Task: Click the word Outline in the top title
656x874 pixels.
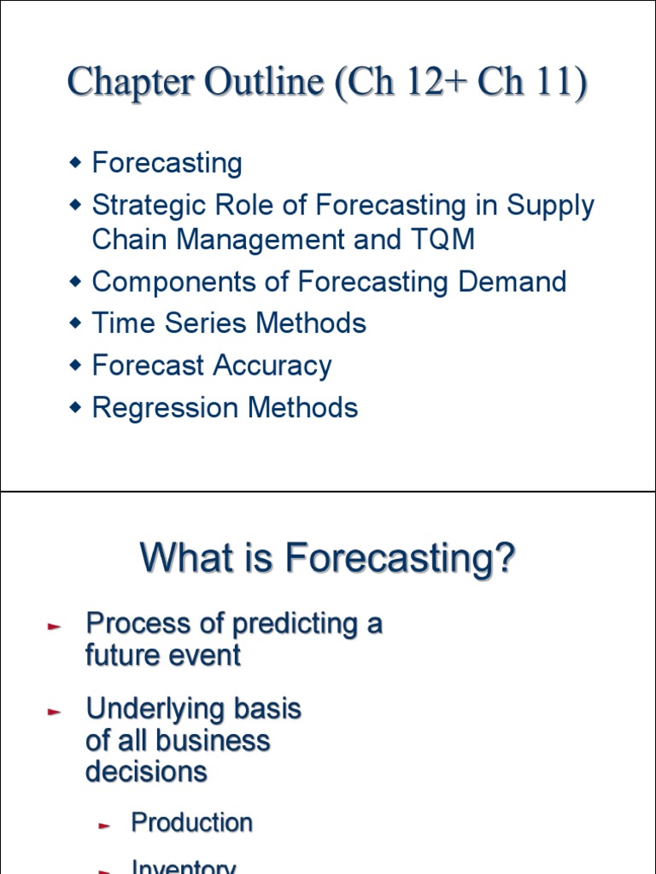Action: click(264, 83)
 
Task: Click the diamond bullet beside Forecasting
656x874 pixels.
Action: click(75, 162)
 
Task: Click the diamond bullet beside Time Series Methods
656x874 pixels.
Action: click(75, 323)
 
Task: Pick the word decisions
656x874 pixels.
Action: click(146, 772)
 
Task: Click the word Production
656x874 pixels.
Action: click(191, 823)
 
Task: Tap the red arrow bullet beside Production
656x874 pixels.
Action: click(105, 825)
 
